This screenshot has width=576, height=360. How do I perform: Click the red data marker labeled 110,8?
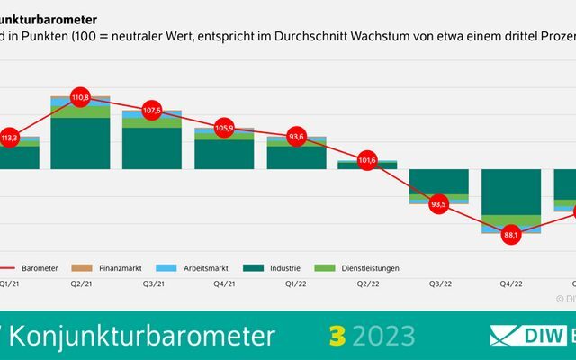(80, 96)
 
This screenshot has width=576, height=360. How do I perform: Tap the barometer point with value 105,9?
(224, 128)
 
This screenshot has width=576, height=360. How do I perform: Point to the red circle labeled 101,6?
(367, 160)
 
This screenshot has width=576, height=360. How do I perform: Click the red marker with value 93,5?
(439, 203)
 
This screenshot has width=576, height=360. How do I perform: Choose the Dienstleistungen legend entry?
(364, 267)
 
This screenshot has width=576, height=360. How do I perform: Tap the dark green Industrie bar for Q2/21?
(80, 144)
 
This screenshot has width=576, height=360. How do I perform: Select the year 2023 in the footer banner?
(382, 336)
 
